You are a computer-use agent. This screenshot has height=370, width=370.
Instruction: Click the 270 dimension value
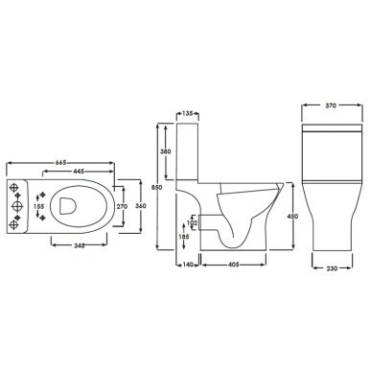121,205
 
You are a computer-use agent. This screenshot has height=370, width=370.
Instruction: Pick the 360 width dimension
139,205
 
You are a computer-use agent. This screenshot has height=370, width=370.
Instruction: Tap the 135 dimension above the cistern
188,114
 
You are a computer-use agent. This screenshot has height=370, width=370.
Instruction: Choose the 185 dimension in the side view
182,235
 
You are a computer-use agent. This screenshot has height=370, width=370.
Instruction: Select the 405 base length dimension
232,264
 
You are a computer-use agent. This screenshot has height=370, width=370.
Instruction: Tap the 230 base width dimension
330,266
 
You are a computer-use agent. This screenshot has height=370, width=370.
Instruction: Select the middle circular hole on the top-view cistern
17,205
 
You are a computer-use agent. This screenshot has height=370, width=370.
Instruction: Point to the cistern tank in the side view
192,153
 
